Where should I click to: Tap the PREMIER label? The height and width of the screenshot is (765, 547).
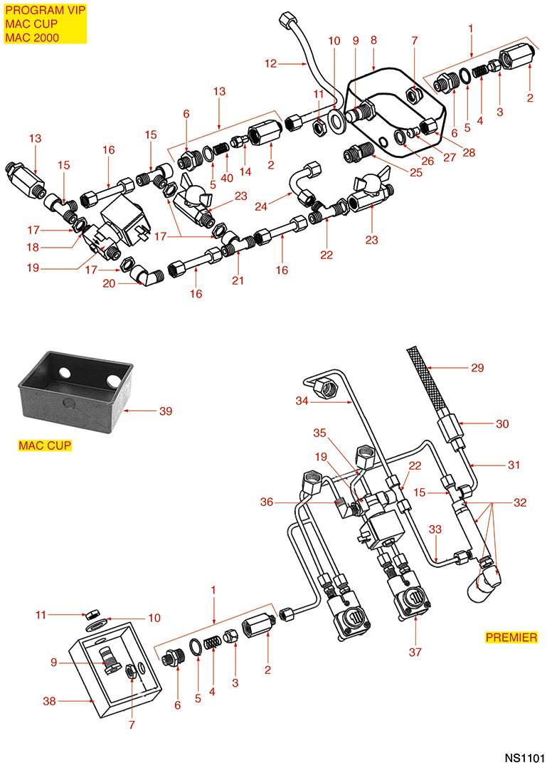(511, 637)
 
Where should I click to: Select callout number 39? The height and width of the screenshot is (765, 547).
(166, 411)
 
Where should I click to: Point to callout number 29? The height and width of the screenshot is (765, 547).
(477, 368)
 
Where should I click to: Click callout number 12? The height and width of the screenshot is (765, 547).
(270, 64)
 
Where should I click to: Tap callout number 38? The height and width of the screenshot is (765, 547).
(50, 701)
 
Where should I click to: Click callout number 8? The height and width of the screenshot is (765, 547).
(374, 41)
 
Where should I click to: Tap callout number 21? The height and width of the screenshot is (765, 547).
(238, 280)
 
